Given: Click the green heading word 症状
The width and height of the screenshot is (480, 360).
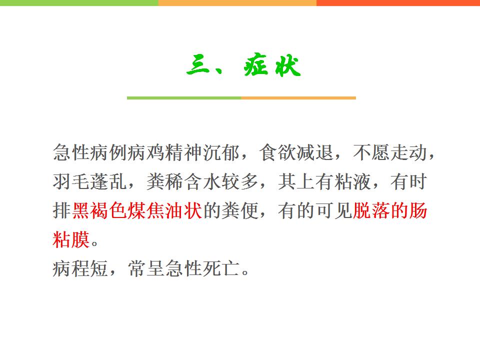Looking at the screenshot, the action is pos(272,65).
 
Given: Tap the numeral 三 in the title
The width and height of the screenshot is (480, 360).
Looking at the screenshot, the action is pos(198,65).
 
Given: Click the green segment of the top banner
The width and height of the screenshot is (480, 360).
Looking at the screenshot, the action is pos(79,3).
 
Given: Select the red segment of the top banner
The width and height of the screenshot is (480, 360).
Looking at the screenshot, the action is pos(398,3).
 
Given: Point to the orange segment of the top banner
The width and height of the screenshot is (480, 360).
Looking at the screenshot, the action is pos(237,3).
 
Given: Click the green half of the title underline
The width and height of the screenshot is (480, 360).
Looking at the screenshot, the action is pos(184,98).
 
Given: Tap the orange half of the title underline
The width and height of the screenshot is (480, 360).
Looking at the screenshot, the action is pos(298,98).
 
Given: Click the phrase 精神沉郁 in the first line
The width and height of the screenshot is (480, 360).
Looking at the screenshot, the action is pos(202,152).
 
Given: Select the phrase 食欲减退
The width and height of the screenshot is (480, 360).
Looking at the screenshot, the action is pos(296,152).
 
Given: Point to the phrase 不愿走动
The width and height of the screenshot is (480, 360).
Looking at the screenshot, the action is pos(390,152).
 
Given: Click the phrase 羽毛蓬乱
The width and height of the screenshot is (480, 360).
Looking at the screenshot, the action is pos(89,181).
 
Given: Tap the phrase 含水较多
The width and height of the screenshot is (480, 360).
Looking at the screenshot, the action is pos(221,181).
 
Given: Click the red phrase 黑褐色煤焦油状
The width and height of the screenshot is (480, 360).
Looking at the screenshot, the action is pos(137,210).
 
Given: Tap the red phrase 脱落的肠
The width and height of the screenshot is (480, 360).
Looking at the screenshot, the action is pos(390,210).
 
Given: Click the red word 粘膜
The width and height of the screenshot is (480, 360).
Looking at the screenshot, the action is pos(71,239).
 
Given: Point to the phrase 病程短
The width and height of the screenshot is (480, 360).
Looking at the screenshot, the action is pos(80,268).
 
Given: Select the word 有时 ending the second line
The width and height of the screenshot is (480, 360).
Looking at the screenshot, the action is pos(408,181).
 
